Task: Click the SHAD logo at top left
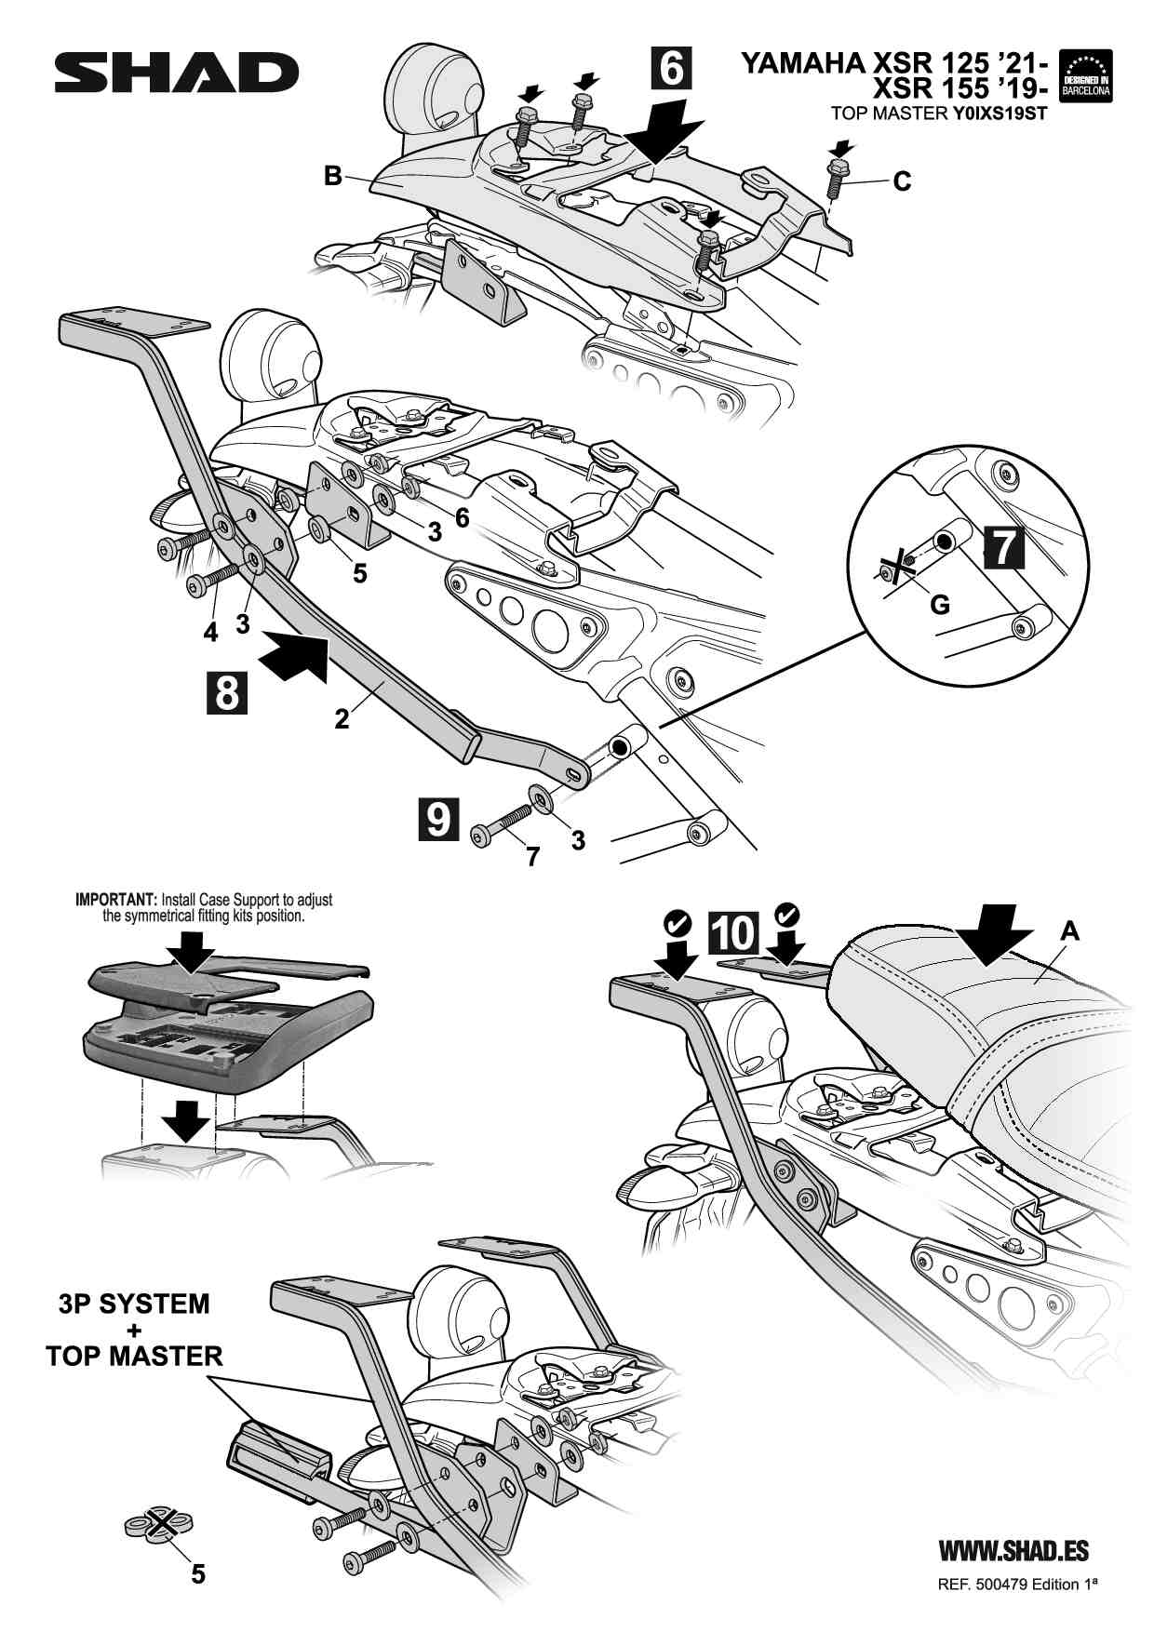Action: pos(176,73)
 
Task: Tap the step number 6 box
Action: pos(671,68)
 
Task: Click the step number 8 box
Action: pos(227,693)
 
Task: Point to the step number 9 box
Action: pos(437,818)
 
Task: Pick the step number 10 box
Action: pos(733,932)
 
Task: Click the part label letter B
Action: pos(332,176)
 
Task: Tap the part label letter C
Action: pos(902,181)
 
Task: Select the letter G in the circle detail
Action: pos(940,605)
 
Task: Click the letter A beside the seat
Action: pos(1070,930)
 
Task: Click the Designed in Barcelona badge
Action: pos(1086,75)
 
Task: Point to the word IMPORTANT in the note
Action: pos(115,900)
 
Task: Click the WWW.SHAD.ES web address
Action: pos(1013,1551)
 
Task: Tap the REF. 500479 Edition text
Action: pos(1017,1585)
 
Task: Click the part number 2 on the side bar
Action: pos(342,718)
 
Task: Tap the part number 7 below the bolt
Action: pos(532,856)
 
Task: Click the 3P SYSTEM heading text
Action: pos(134,1304)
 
